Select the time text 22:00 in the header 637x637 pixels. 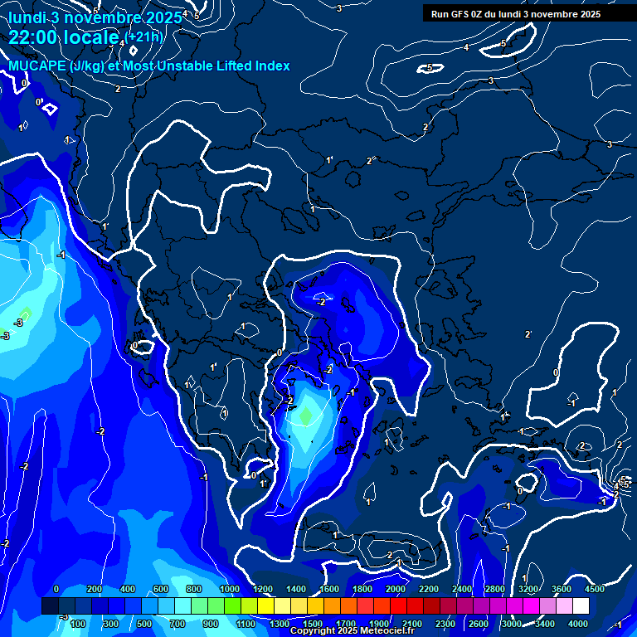point(31,37)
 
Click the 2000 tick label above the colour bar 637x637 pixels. point(396,589)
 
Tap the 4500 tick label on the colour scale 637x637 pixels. point(595,589)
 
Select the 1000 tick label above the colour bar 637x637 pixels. point(230,589)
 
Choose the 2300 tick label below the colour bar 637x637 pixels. point(445,624)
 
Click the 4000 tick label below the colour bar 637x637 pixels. point(578,624)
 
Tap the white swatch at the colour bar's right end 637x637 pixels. point(581,606)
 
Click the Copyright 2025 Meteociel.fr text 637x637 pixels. point(352,631)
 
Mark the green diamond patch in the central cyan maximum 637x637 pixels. point(305,415)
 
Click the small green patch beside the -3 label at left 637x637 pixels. point(26,314)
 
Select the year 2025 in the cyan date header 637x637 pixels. point(162,17)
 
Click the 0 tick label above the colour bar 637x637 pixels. point(56,589)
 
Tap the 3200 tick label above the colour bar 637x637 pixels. point(528,589)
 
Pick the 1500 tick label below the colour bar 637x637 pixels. point(313,624)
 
